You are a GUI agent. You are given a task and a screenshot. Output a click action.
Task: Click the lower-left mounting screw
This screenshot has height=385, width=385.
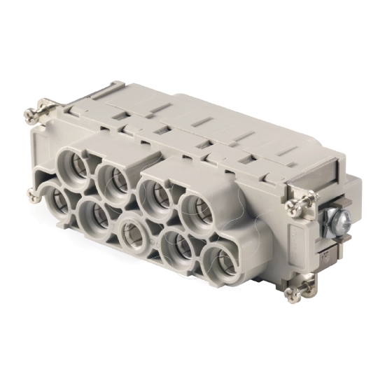(x=34, y=194)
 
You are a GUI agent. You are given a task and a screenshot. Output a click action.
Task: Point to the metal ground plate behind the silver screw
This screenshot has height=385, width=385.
(x=335, y=241)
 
